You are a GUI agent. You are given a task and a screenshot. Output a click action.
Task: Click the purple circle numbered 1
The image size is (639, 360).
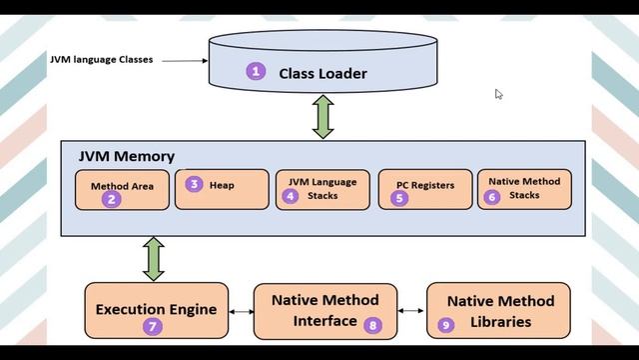click(257, 72)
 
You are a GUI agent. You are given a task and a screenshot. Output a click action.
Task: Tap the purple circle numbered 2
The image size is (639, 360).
click(112, 199)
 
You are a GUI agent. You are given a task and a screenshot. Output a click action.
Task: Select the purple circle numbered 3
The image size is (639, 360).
click(195, 184)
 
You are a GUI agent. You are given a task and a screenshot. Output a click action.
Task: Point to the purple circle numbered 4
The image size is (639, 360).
click(291, 196)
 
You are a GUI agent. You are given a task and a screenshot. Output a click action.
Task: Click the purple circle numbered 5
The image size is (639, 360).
click(399, 198)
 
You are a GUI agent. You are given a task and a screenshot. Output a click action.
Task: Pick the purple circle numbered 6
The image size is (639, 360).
click(491, 197)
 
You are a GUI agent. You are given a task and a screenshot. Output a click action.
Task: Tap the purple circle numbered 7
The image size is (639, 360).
click(153, 326)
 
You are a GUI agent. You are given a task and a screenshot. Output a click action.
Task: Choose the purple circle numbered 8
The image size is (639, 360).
click(373, 324)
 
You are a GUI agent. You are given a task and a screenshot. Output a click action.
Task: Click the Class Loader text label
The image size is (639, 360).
click(322, 73)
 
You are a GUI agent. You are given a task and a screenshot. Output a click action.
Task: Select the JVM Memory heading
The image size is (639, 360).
click(126, 156)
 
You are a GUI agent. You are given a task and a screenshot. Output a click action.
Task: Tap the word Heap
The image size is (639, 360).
click(222, 185)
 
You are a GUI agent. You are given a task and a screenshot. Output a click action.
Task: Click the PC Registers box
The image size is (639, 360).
click(423, 189)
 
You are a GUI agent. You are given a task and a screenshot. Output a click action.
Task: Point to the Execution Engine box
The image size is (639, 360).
click(156, 311)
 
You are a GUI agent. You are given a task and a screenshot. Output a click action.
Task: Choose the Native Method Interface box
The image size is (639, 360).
click(324, 311)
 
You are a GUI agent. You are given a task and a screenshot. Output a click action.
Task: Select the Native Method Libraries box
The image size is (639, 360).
click(500, 311)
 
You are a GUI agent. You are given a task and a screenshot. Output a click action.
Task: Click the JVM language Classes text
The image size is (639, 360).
click(101, 60)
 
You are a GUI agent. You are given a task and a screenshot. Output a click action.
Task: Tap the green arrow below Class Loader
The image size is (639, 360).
click(322, 118)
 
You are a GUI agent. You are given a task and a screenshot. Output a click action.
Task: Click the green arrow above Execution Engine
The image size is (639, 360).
click(154, 258)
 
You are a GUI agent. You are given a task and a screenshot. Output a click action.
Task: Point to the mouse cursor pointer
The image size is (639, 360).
click(498, 94)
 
